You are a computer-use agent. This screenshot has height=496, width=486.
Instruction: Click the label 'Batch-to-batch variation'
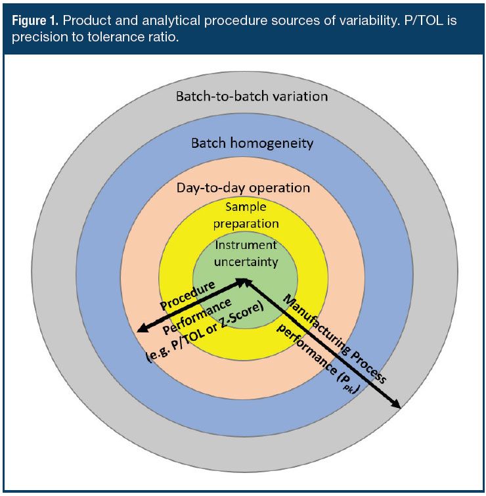(x=252, y=96)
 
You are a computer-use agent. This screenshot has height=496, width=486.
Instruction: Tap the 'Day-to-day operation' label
(x=243, y=187)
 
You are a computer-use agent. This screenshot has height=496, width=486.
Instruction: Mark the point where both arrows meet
(x=245, y=281)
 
